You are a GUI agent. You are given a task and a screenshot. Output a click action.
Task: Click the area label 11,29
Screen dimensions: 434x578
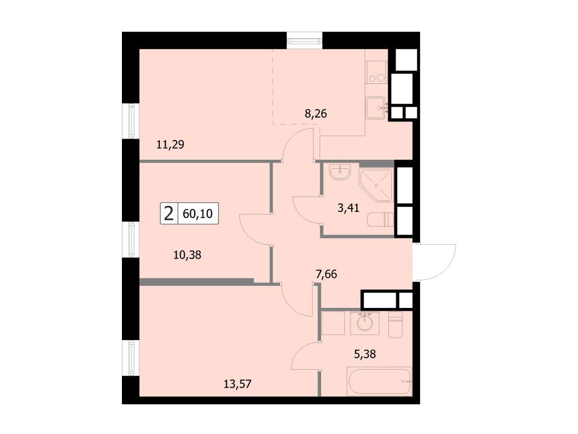pos(170,144)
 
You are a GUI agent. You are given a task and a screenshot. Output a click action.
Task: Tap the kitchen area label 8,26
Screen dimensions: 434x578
pos(316,113)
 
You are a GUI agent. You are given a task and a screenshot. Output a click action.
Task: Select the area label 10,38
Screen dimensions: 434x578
pos(187,254)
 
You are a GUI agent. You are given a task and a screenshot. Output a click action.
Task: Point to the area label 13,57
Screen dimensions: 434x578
pos(237,384)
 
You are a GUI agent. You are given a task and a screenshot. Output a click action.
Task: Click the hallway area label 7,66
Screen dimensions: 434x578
pos(329,275)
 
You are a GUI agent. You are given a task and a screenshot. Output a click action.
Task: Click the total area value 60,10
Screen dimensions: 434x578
pos(197,214)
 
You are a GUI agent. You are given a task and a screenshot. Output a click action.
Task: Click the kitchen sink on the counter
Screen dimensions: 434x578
pos(375,107)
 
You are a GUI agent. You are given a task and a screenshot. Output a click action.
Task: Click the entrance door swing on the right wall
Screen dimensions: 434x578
pos(436,261)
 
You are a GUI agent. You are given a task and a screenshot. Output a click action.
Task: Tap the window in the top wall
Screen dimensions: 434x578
pos(305,40)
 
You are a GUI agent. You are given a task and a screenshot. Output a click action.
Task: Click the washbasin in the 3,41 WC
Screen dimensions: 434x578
pos(340,172)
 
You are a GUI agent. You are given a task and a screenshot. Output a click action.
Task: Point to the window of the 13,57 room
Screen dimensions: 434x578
pos(131,359)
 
